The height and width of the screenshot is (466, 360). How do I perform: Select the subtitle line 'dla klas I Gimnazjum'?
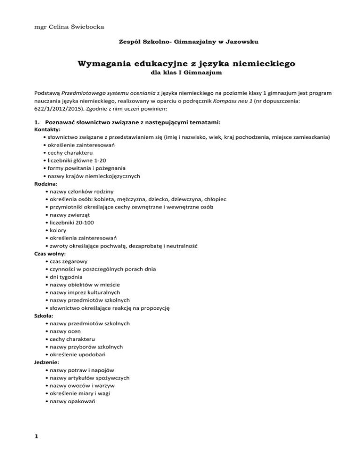click(x=180, y=73)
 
